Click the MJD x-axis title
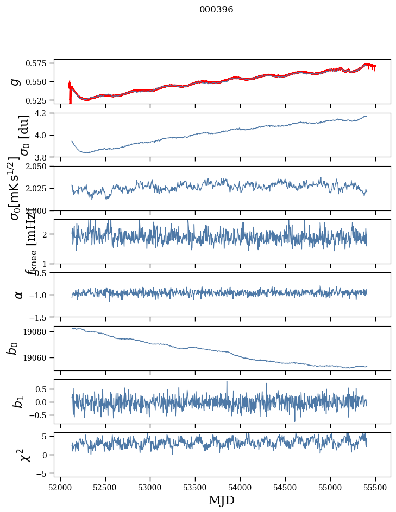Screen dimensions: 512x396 click(x=222, y=500)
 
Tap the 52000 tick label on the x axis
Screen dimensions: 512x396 click(x=60, y=487)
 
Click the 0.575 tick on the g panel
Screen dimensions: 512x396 click(x=40, y=63)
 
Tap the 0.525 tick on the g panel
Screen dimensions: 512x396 click(x=40, y=100)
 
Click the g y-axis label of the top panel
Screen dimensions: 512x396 click(x=16, y=81)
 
